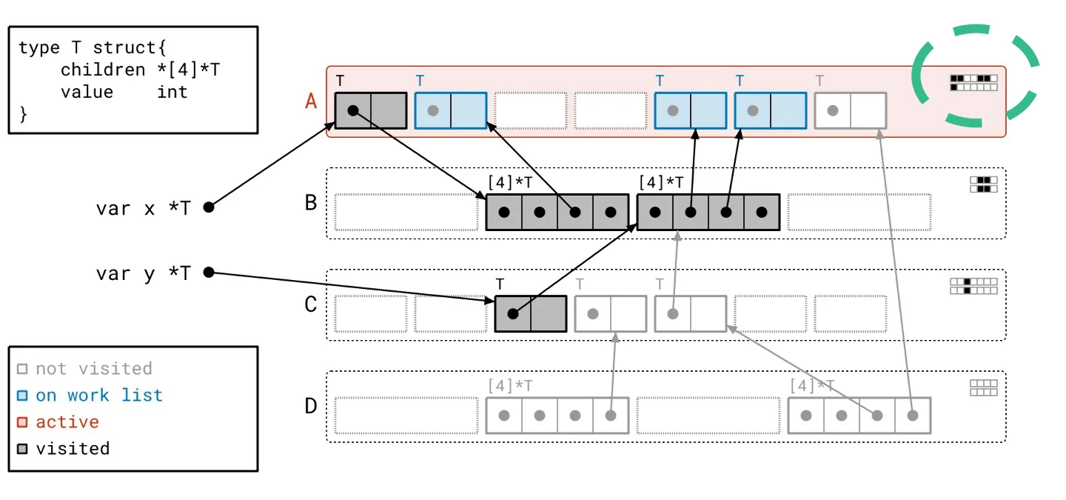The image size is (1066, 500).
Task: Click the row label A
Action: pos(311,101)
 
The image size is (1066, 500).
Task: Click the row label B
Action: pos(311,202)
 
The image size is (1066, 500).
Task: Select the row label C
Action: pos(311,304)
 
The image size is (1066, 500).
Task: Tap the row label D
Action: pos(311,406)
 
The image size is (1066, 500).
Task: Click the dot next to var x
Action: pos(209,207)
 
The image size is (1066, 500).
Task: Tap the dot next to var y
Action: pos(209,273)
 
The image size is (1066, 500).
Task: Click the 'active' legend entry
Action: pos(67,421)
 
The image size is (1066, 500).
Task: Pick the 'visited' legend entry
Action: pos(73,448)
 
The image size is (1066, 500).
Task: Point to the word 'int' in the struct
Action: pos(172,92)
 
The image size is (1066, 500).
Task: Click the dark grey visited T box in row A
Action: pos(371,110)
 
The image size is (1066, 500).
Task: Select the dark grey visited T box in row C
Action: pos(531,313)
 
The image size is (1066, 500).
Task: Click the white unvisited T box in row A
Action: pos(851,110)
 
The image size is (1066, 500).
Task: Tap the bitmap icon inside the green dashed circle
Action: pos(973,82)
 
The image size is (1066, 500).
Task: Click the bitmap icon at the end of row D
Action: pos(984,387)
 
